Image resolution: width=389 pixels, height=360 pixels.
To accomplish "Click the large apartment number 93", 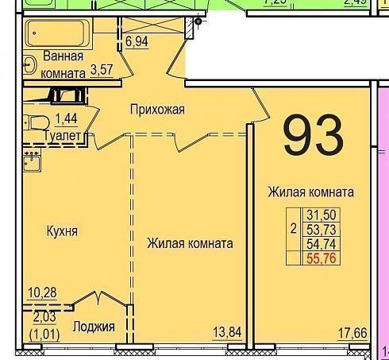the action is tap(314, 135).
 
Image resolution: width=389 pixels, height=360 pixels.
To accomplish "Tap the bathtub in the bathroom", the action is tap(58, 33).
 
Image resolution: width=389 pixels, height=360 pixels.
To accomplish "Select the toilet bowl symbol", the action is tap(37, 122).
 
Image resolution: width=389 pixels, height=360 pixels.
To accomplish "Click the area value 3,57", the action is tap(102, 70).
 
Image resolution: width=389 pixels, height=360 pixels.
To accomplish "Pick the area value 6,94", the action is tap(137, 41).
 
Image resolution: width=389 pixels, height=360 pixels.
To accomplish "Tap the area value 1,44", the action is tap(66, 118).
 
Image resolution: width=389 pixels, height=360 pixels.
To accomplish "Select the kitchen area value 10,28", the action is tap(42, 292).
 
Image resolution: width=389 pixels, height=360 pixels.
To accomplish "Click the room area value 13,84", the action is tap(227, 332).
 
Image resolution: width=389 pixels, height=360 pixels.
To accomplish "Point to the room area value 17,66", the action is tap(352, 333).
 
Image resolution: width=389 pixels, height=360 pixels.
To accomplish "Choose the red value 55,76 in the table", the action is tap(322, 258).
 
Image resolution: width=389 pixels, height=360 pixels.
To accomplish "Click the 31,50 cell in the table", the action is tap(322, 215).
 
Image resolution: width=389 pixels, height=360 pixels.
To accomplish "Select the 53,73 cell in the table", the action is tap(322, 230).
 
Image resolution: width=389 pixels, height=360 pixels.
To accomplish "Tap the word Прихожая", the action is tap(157, 110).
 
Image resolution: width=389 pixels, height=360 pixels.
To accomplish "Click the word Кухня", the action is tap(62, 231).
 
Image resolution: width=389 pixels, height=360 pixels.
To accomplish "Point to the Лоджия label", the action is tap(94, 327).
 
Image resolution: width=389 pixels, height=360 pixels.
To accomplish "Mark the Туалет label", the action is tap(63, 136).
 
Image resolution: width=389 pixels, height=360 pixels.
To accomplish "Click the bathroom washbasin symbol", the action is tap(29, 64).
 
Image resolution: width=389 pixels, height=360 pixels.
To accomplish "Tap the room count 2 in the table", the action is tap(293, 229).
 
